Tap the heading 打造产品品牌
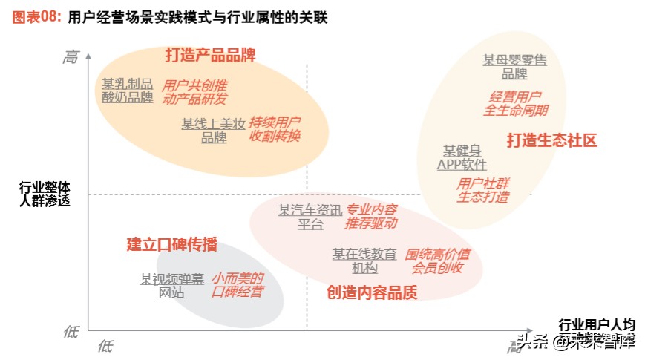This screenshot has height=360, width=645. pos(210,54)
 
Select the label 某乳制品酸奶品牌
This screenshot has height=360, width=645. pos(128,90)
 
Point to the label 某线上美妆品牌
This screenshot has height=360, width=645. pos(214,131)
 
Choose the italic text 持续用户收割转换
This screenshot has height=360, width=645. pos(275,128)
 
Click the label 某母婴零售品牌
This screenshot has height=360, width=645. pos(514,67)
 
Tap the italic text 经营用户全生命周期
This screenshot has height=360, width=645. pos(515,103)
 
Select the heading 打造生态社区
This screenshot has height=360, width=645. pos(552,140)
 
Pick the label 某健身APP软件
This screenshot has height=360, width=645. pos(462,157)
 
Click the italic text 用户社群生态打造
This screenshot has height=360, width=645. pos(482,190)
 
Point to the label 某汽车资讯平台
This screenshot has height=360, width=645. pos(310,217)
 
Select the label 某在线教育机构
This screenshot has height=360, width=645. pos(364,261)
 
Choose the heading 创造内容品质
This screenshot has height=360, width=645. pos(372,292)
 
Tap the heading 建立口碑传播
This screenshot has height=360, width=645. pos(171,243)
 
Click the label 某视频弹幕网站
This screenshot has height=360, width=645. pos(171,286)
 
